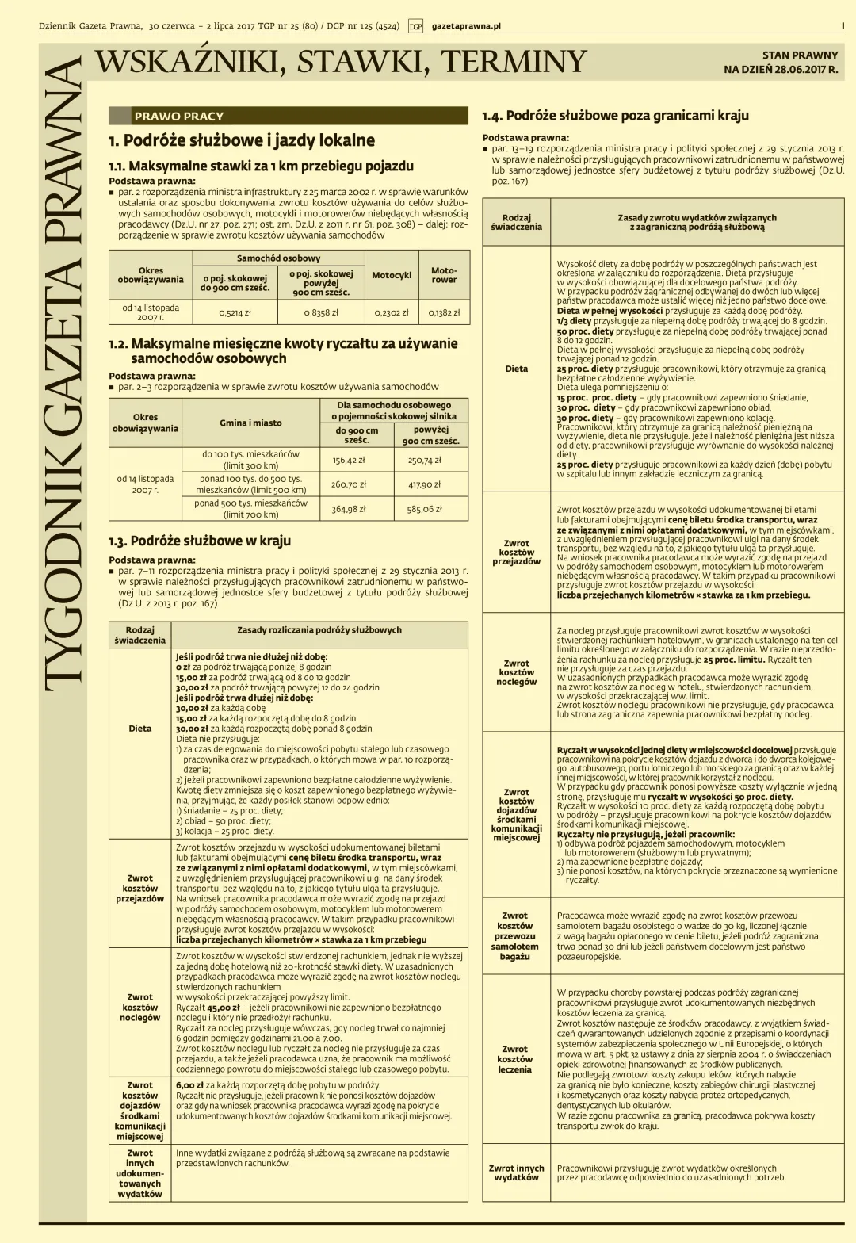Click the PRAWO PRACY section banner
[179, 116]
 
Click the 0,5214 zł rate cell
[235, 312]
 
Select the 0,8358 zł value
[321, 312]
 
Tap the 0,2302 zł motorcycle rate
[392, 312]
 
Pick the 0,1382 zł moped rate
[444, 312]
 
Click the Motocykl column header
[392, 275]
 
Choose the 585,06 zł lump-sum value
[425, 509]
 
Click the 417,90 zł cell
[425, 484]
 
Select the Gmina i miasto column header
[250, 423]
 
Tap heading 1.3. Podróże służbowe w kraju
[200, 541]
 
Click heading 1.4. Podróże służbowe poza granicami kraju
[615, 116]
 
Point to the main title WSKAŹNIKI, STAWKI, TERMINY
[340, 61]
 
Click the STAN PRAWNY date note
[781, 62]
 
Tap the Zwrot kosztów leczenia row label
[514, 1059]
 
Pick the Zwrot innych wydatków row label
[516, 1172]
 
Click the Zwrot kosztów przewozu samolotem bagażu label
[514, 936]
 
